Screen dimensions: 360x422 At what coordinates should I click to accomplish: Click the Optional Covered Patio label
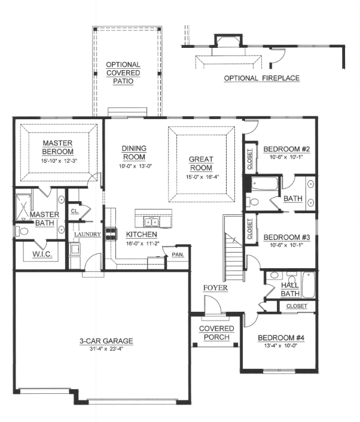pos(123,73)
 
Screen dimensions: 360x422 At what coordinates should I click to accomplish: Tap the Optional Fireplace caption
pos(261,78)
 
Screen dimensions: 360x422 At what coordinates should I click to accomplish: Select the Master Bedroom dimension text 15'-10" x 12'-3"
pos(59,161)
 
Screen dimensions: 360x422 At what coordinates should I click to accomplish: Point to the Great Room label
pos(201,163)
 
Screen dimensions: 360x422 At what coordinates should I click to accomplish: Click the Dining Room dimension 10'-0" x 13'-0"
pos(136,166)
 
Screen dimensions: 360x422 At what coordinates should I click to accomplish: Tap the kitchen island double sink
pos(152,222)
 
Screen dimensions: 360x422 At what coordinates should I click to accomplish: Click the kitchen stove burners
pos(111,234)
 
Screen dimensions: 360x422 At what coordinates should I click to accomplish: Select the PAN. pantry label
pos(178,254)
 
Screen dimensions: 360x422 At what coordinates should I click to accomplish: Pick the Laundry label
pos(88,235)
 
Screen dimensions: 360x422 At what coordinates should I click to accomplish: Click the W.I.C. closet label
pos(42,254)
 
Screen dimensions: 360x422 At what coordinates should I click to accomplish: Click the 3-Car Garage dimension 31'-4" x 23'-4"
pos(106,350)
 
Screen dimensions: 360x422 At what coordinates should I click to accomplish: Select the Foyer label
pos(215,288)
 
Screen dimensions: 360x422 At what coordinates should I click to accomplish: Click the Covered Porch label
pos(216,333)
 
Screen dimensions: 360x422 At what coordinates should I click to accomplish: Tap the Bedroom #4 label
pos(281,338)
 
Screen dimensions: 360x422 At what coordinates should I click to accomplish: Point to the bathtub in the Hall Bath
pos(308,285)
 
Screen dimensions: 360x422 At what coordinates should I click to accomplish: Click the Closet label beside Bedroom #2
pos(250,159)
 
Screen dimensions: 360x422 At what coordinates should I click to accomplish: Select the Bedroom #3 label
pos(286,238)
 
